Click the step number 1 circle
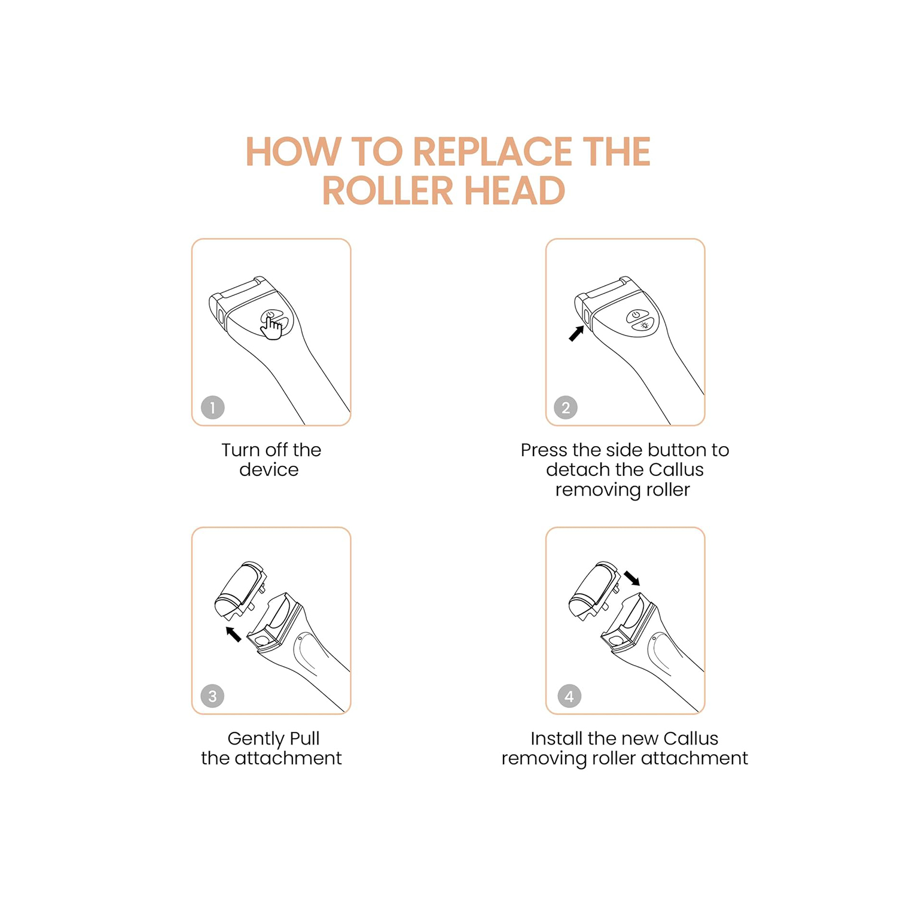(212, 407)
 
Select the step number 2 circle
(566, 407)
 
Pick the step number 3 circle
(212, 695)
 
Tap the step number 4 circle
(569, 695)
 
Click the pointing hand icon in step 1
(271, 327)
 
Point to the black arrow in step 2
(576, 334)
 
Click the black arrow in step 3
(233, 634)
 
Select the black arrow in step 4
(631, 578)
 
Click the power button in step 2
(636, 315)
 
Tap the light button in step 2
(644, 325)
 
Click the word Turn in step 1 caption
(240, 450)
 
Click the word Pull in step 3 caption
(305, 739)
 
